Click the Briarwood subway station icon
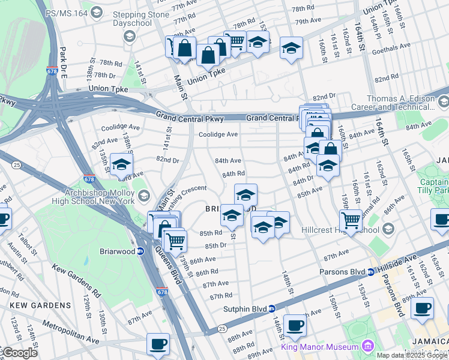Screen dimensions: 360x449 click(x=140, y=251)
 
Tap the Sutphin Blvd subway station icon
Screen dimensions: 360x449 click(x=272, y=308)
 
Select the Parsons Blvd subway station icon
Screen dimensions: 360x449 click(x=370, y=272)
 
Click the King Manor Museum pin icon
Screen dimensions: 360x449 click(x=367, y=347)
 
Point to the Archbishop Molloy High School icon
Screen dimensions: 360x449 click(x=143, y=196)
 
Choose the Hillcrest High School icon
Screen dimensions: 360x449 click(x=388, y=229)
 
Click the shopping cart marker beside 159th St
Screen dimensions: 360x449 click(x=351, y=221)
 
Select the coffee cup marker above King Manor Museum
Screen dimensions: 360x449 click(x=295, y=326)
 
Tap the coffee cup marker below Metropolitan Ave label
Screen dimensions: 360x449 click(x=158, y=344)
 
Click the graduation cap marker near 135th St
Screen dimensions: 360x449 click(x=121, y=164)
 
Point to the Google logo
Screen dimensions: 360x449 click(x=19, y=353)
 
